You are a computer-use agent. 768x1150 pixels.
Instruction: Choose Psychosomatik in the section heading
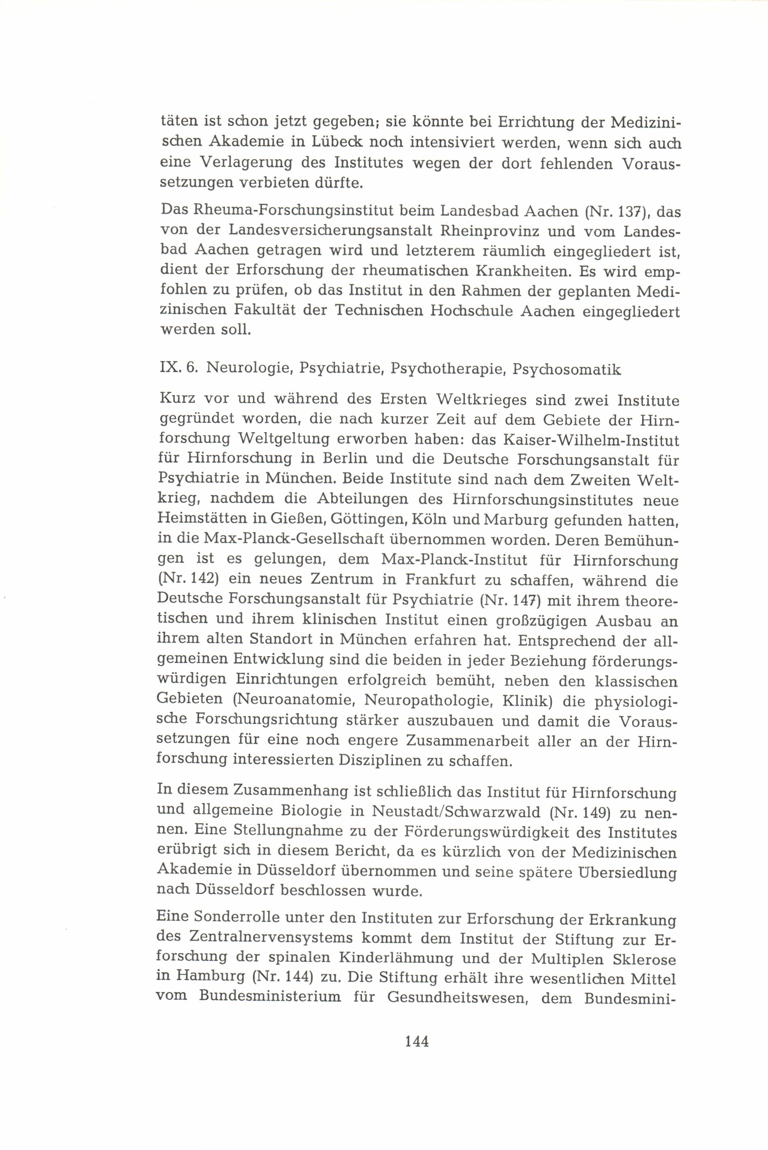(567, 369)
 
